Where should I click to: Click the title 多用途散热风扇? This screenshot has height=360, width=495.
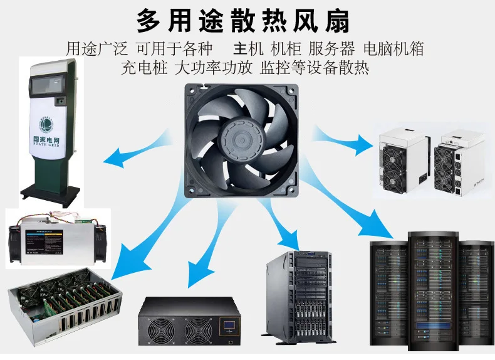tap(244, 21)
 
